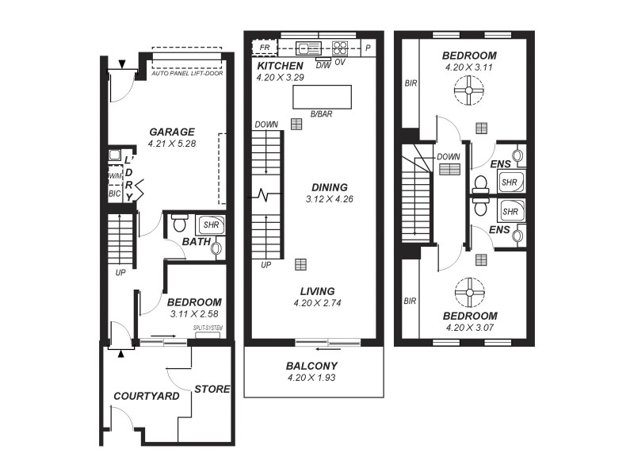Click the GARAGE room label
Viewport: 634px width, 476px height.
click(x=171, y=132)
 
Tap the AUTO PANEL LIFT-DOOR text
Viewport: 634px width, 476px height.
click(x=187, y=74)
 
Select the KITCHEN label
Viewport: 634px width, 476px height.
click(x=279, y=66)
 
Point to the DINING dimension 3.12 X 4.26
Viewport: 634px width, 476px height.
click(x=329, y=199)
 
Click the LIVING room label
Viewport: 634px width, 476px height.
click(x=313, y=291)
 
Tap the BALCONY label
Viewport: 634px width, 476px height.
click(x=312, y=366)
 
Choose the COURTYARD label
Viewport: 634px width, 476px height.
click(x=147, y=396)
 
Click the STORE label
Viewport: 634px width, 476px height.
click(x=212, y=389)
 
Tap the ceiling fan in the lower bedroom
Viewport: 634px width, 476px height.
click(x=469, y=293)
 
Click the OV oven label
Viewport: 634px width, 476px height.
click(x=340, y=62)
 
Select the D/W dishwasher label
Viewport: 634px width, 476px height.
click(x=323, y=64)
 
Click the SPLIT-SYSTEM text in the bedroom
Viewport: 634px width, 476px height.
click(x=208, y=328)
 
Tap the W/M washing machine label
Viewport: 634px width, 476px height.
click(x=114, y=176)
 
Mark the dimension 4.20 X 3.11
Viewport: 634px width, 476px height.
click(x=469, y=67)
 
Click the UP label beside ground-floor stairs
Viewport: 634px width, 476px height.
click(x=120, y=272)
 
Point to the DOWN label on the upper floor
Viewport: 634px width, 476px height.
click(x=449, y=156)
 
